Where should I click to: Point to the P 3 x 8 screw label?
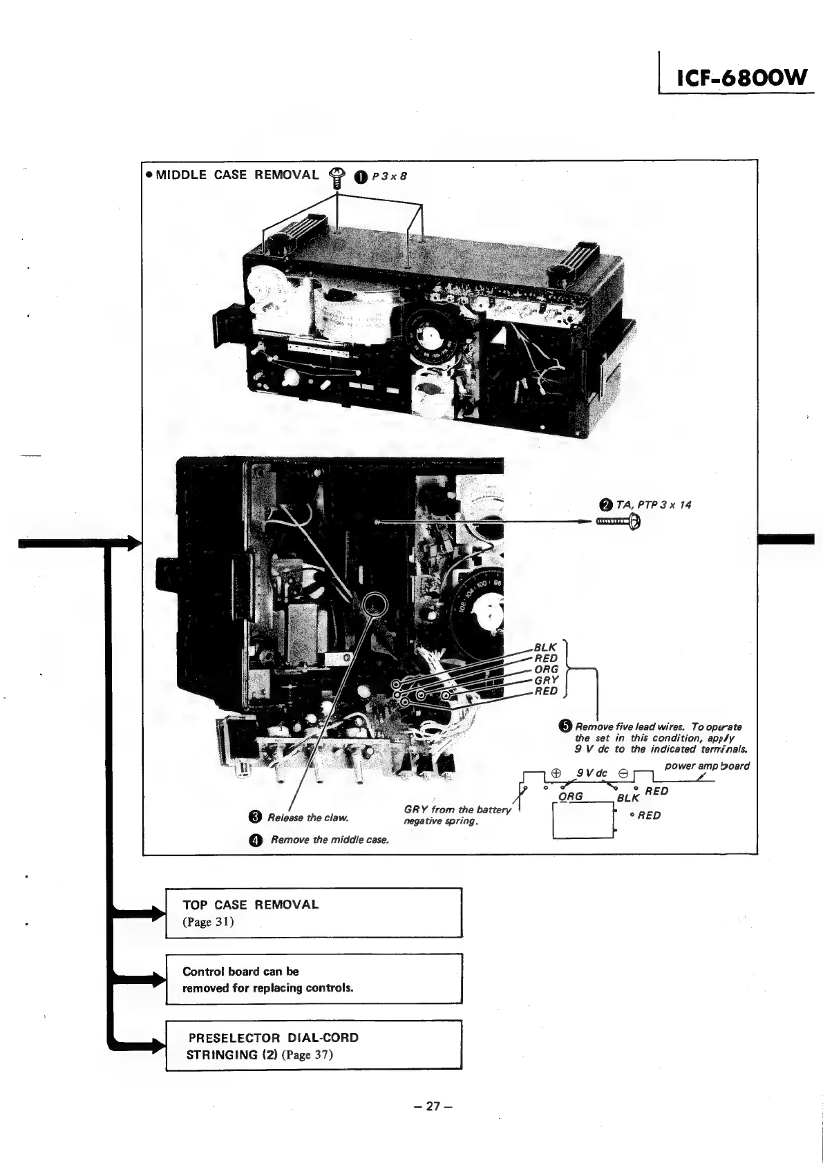pos(389,176)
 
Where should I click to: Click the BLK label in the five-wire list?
pos(545,647)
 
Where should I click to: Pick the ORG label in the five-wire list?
pos(546,669)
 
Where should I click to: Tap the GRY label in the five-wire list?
pos(546,680)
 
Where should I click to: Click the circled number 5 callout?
pos(565,726)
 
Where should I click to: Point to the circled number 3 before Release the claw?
pos(254,817)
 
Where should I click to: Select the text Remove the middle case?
pos(330,840)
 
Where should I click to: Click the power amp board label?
pos(706,766)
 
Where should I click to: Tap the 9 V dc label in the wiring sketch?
pos(592,773)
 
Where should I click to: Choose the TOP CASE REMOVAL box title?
pos(251,905)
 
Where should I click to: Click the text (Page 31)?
pos(208,922)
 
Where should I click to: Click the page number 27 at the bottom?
pos(433,1106)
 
